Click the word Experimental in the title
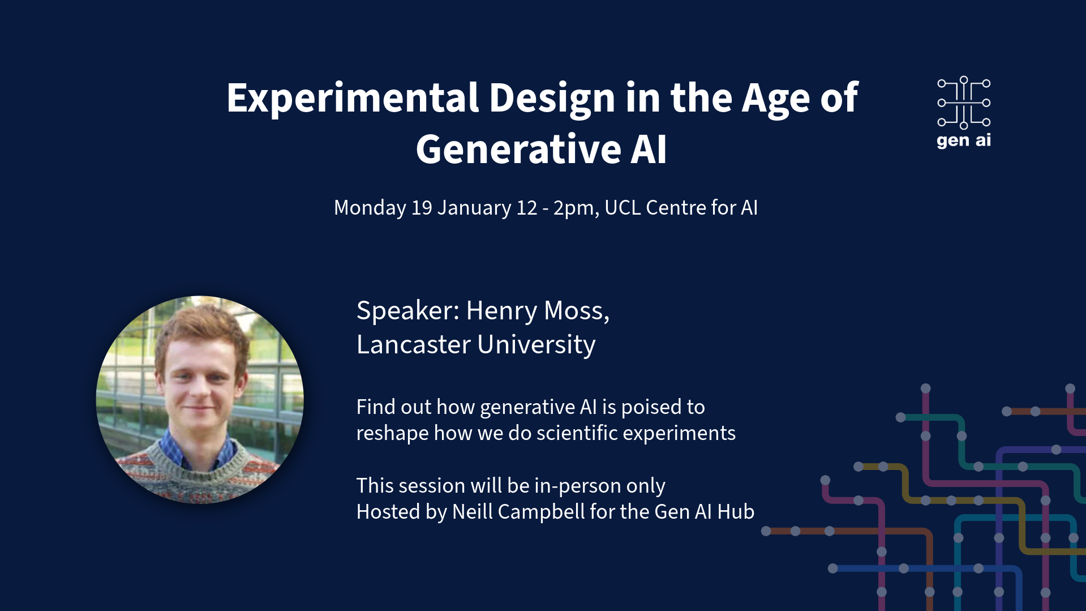(x=353, y=99)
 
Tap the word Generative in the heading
(x=518, y=149)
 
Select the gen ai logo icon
(x=963, y=102)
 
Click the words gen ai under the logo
(x=963, y=140)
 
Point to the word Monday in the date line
(x=370, y=208)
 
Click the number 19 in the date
(x=422, y=208)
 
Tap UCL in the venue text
(x=623, y=208)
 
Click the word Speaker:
(x=408, y=310)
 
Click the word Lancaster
(x=414, y=344)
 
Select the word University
(x=536, y=345)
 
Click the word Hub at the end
(x=736, y=512)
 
